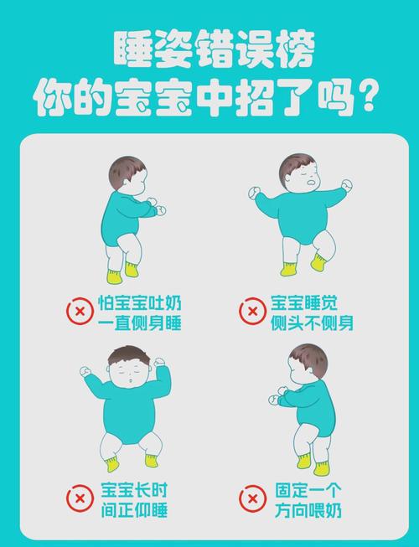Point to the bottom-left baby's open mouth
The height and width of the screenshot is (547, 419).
[135, 382]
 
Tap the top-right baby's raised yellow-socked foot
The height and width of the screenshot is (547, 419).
[319, 262]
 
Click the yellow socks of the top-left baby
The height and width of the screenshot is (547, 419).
[122, 272]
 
